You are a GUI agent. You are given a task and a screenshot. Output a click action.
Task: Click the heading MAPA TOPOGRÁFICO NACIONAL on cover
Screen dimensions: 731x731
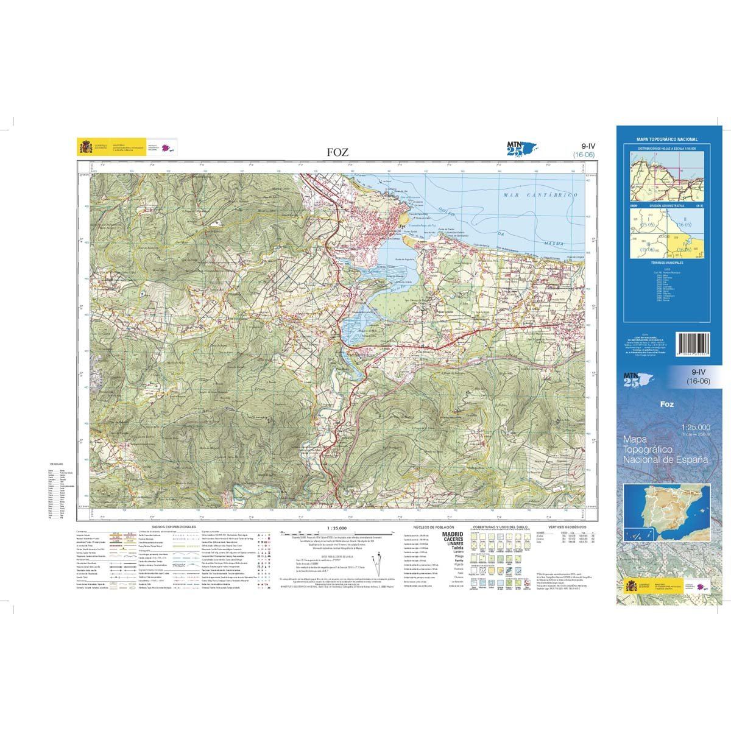point(666,139)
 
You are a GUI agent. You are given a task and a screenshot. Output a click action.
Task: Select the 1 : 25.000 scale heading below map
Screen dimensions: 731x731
point(336,528)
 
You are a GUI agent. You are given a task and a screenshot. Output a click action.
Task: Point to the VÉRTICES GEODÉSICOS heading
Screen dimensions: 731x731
point(567,526)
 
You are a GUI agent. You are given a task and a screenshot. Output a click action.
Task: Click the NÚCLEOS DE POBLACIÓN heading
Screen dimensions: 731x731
point(431,526)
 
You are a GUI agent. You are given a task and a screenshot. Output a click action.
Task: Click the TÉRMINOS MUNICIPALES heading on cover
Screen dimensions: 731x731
point(666,262)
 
